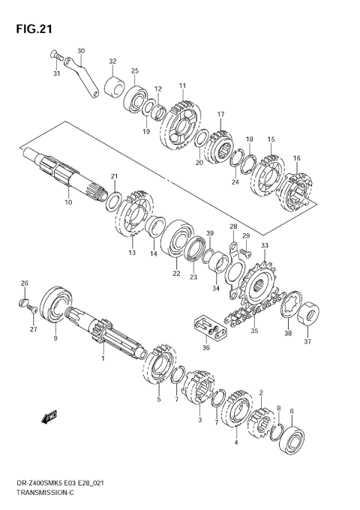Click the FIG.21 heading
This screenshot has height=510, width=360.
pyautogui.click(x=34, y=29)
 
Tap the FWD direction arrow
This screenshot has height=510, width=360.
pyautogui.click(x=49, y=417)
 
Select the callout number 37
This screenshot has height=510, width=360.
pyautogui.click(x=307, y=341)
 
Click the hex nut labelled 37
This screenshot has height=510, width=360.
pyautogui.click(x=308, y=313)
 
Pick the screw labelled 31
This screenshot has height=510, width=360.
pyautogui.click(x=56, y=55)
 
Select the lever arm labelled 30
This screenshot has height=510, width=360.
pyautogui.click(x=82, y=77)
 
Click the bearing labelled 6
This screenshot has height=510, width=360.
pyautogui.click(x=292, y=439)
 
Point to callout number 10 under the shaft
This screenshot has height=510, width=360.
pyautogui.click(x=68, y=202)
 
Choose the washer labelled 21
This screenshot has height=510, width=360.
pyautogui.click(x=114, y=202)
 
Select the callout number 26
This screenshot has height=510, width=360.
pyautogui.click(x=25, y=283)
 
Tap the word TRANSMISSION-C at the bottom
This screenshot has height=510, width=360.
pyautogui.click(x=45, y=493)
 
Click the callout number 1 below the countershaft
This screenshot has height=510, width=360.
pyautogui.click(x=103, y=358)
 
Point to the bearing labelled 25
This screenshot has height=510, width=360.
pyautogui.click(x=135, y=95)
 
